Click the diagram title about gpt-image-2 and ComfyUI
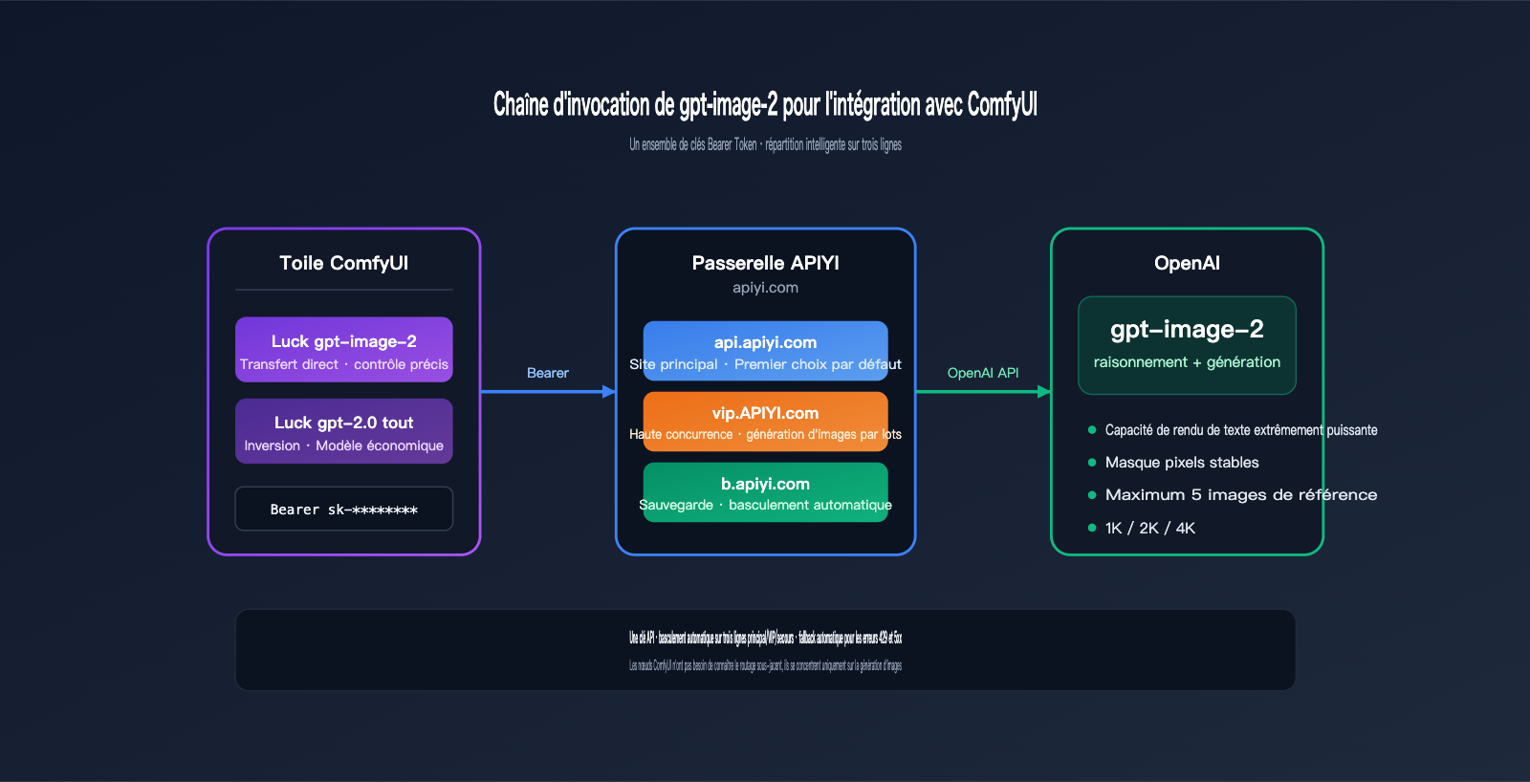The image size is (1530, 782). coord(765,104)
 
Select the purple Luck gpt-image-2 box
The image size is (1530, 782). coord(344,350)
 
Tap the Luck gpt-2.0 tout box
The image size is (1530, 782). coord(344,431)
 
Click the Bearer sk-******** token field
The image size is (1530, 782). coord(344,509)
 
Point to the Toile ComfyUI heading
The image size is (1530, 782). coord(344,263)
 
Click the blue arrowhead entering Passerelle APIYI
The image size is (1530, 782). coord(609,391)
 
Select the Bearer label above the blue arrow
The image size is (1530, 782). coord(548,373)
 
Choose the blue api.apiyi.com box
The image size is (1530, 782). coord(765,351)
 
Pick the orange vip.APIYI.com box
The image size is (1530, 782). coord(765,422)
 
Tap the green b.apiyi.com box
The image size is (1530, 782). coord(765,492)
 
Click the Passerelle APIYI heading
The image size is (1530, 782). coord(765,263)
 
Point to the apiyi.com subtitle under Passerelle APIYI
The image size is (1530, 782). coord(765,288)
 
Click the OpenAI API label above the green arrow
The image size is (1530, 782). coord(983,373)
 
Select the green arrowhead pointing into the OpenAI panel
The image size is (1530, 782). coord(1044,391)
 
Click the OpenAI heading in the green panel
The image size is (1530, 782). coord(1187,263)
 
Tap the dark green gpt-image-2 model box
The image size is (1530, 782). coord(1187,345)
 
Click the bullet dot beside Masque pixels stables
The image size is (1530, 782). coord(1092,463)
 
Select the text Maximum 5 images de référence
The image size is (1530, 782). coord(1241,495)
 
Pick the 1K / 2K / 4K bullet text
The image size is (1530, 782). coord(1150,528)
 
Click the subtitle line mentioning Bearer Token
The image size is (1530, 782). coord(765,145)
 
